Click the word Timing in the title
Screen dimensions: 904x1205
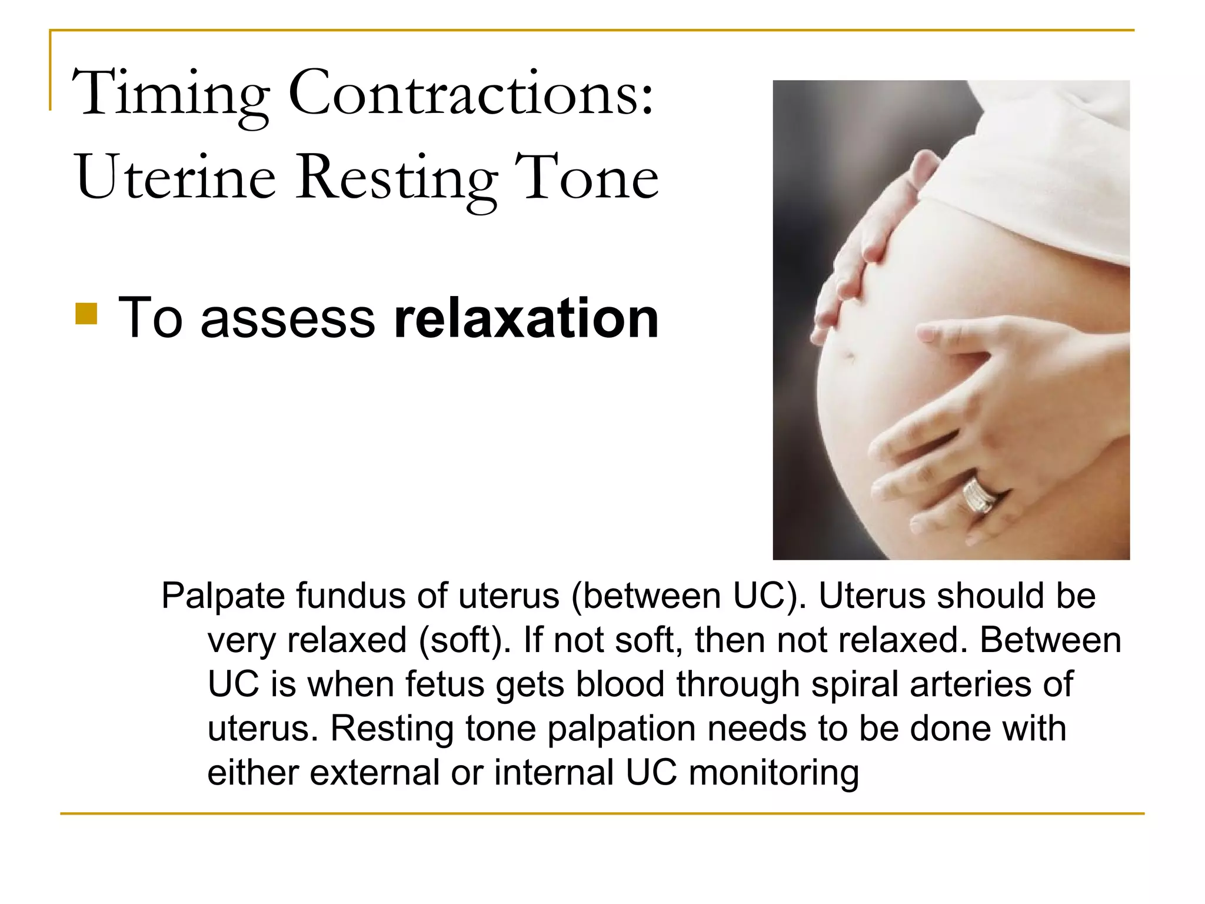171,94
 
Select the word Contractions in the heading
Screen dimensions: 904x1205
471,94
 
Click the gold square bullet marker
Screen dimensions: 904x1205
86,314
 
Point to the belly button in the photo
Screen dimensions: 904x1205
848,355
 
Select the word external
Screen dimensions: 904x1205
374,773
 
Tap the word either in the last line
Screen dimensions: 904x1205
252,773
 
